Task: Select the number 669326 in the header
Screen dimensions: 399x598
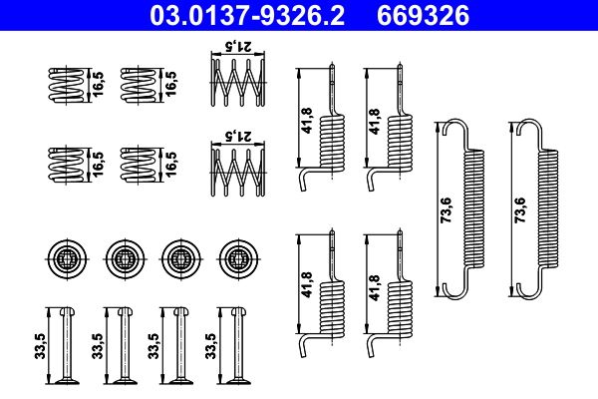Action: pyautogui.click(x=433, y=15)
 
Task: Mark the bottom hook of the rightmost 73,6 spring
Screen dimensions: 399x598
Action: pyautogui.click(x=527, y=292)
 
